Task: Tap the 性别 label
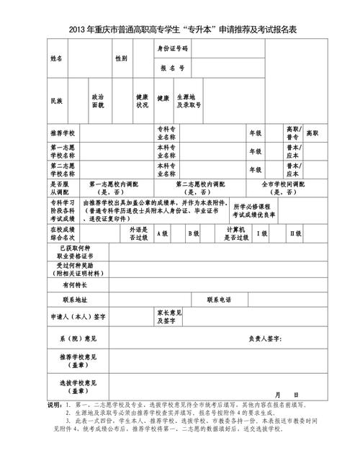click(x=120, y=58)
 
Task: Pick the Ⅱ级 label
click(x=295, y=233)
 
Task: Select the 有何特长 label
click(x=76, y=284)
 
